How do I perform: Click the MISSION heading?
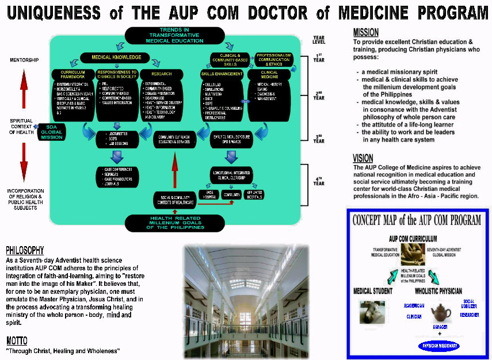click(366, 33)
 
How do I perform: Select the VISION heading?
click(363, 158)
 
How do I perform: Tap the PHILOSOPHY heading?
click(25, 250)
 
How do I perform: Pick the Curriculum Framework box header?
click(69, 74)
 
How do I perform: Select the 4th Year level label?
click(319, 180)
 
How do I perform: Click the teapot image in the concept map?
click(442, 313)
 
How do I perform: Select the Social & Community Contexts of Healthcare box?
click(173, 200)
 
